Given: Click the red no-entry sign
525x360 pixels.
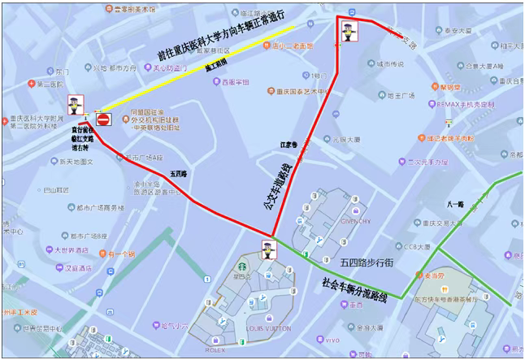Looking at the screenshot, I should pyautogui.click(x=103, y=120).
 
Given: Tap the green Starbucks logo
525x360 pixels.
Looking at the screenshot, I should pyautogui.click(x=241, y=265).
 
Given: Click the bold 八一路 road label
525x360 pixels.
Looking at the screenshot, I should pyautogui.click(x=454, y=205).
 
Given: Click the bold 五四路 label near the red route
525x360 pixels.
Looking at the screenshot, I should pyautogui.click(x=179, y=173).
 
